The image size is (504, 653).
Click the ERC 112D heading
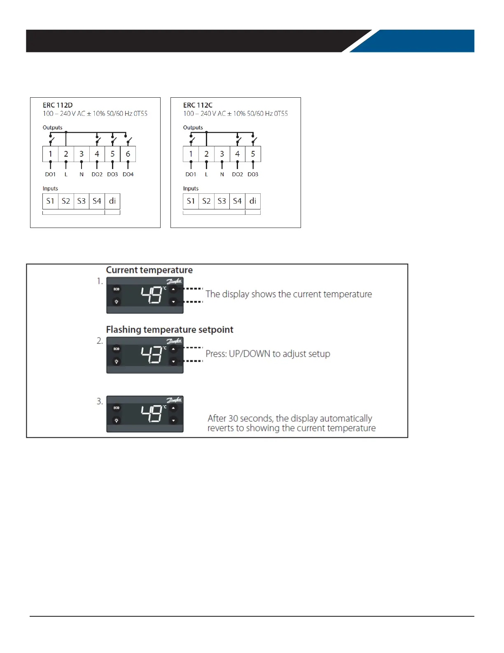pyautogui.click(x=58, y=105)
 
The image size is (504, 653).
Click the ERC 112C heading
pyautogui.click(x=198, y=105)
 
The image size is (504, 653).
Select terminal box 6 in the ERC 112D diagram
pyautogui.click(x=128, y=154)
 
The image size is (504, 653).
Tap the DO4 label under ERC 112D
pyautogui.click(x=128, y=174)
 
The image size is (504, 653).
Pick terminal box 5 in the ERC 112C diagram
pyautogui.click(x=253, y=154)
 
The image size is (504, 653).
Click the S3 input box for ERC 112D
pyautogui.click(x=82, y=201)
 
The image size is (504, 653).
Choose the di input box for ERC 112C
pyautogui.click(x=253, y=201)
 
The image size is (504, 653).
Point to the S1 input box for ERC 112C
pyautogui.click(x=191, y=201)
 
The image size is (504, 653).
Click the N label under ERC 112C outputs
pyautogui.click(x=222, y=174)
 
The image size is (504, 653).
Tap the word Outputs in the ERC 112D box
pyautogui.click(x=53, y=127)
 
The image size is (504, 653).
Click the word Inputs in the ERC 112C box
pyautogui.click(x=191, y=188)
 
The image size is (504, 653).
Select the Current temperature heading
pyautogui.click(x=149, y=270)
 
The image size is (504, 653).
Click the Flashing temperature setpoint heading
pyautogui.click(x=170, y=330)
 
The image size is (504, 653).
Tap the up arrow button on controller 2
pyautogui.click(x=173, y=349)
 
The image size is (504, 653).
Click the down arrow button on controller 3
pyautogui.click(x=173, y=420)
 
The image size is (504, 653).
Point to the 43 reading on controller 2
pyautogui.click(x=152, y=355)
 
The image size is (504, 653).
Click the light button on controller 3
pyautogui.click(x=117, y=420)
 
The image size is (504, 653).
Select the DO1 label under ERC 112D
pyautogui.click(x=50, y=174)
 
